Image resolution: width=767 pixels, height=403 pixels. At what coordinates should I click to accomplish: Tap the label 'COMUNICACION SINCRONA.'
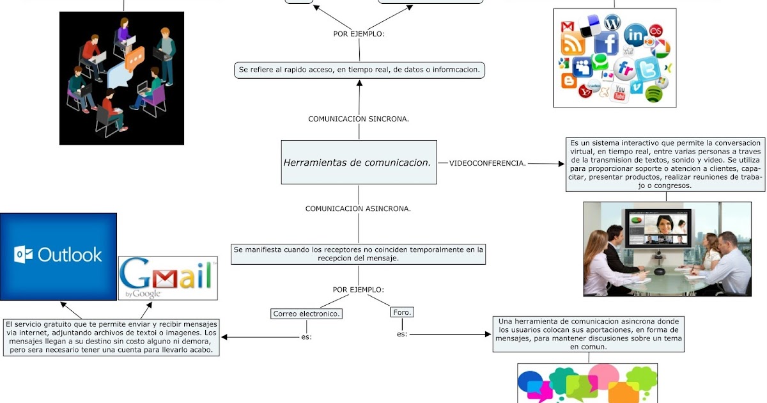tap(359, 119)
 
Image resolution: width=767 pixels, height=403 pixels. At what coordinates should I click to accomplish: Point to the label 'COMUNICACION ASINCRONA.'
tap(358, 209)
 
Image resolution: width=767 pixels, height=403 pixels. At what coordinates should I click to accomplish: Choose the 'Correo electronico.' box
tap(306, 313)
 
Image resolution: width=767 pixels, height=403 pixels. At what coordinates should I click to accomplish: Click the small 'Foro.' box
tap(401, 312)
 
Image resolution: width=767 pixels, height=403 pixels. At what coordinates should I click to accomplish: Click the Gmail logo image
tap(167, 278)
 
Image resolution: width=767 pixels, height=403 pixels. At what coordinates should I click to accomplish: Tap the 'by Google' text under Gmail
tap(143, 294)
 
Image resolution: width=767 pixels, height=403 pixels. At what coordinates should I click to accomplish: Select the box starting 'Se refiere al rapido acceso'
tap(359, 70)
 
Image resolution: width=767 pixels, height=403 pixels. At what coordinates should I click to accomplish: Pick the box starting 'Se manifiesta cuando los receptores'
tap(358, 253)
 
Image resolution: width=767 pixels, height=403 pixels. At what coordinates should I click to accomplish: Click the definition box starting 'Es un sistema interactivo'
tap(665, 164)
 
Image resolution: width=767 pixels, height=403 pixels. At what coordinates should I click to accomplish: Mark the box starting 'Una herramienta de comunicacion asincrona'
tap(589, 333)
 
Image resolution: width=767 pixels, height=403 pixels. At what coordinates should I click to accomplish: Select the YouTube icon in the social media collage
tap(619, 93)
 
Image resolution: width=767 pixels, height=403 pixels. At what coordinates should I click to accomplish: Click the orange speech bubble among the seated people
tap(135, 59)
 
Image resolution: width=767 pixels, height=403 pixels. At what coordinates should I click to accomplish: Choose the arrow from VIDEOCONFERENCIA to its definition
tap(546, 164)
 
